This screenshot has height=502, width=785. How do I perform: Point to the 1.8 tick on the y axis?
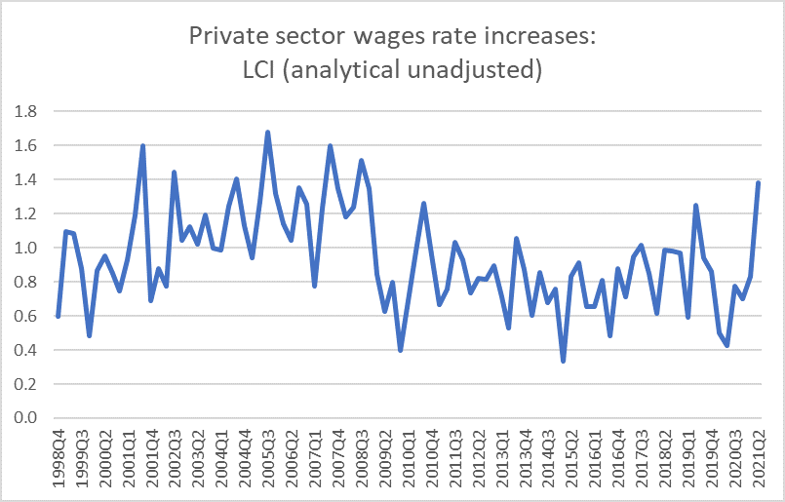(26, 111)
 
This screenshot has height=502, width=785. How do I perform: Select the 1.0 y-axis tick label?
(26, 248)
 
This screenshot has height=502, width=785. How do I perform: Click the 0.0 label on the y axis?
(26, 418)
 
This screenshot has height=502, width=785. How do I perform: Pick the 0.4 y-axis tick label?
(26, 350)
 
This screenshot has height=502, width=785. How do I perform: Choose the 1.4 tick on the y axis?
(26, 179)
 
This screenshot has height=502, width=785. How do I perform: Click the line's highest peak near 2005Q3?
(267, 132)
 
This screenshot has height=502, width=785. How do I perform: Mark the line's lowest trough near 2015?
(564, 362)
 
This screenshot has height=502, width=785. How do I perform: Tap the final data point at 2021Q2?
(758, 183)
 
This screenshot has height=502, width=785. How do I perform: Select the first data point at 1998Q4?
(59, 316)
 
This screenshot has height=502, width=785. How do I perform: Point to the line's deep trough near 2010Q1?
(401, 350)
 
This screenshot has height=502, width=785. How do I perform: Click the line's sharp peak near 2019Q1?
(696, 206)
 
